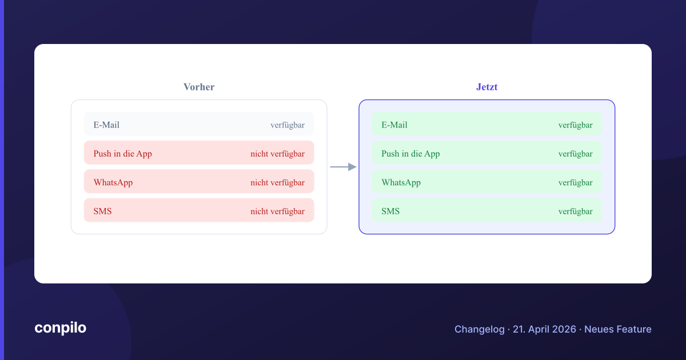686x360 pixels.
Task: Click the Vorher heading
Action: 199,87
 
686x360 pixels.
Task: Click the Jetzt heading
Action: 486,87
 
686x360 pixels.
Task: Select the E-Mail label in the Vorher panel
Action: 106,125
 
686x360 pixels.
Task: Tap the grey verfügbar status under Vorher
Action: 288,125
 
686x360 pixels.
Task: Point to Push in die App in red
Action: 122,154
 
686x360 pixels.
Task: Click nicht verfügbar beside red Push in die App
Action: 277,154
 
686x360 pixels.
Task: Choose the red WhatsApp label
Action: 113,182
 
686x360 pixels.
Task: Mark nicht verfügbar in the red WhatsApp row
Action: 277,183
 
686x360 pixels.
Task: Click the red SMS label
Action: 102,211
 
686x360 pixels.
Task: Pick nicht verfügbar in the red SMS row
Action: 277,211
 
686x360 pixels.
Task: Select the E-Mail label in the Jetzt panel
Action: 394,125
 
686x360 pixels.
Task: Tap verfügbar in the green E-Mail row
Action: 576,125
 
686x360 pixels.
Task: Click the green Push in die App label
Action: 410,154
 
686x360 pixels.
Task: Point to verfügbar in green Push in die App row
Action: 576,154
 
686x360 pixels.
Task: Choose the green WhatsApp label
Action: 401,182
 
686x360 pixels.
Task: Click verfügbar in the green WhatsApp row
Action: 576,183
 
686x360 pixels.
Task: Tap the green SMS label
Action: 390,211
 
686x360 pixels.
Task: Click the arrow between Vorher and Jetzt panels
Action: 344,167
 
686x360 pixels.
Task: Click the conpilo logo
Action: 61,328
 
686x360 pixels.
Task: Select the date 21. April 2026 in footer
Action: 544,329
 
